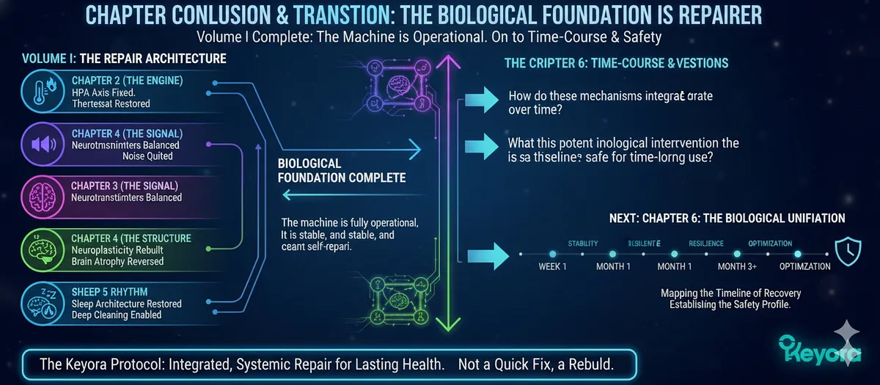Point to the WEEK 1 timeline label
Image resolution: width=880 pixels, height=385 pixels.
point(552,266)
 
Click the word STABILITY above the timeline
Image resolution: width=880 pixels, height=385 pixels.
point(583,243)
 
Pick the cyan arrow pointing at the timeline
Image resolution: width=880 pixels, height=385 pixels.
point(484,254)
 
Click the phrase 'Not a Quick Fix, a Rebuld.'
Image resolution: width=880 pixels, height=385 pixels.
point(540,364)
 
